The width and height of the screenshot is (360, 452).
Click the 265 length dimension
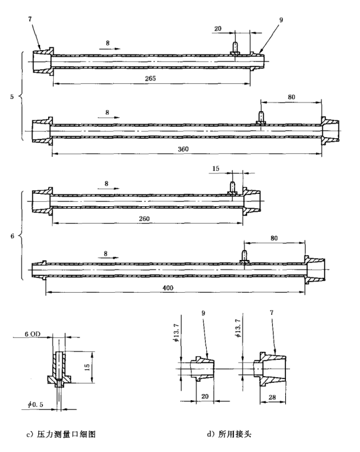(x=150, y=78)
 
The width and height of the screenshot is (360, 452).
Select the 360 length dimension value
(x=183, y=149)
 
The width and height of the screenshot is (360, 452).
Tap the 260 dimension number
(x=144, y=219)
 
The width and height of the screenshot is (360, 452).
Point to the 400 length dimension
(x=168, y=288)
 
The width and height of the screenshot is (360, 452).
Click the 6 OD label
(x=33, y=334)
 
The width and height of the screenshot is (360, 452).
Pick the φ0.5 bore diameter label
(x=35, y=404)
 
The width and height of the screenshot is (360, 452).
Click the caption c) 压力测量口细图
(x=61, y=434)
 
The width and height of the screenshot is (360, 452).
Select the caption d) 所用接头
(x=229, y=434)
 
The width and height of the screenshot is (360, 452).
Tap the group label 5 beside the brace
(x=12, y=96)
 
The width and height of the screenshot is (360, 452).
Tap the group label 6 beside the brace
(x=12, y=236)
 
